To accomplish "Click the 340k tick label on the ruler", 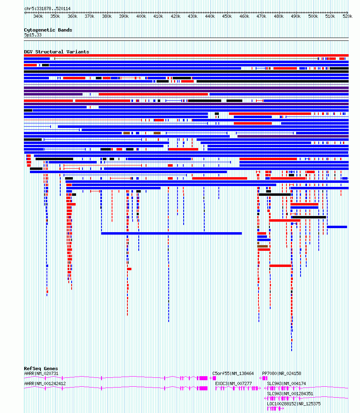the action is point(38,16).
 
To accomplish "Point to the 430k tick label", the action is point(193,16).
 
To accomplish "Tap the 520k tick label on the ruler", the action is point(347,16).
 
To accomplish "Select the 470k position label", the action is point(261,16).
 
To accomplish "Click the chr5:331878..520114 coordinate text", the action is point(47,8).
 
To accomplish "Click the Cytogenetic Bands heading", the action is point(48,30).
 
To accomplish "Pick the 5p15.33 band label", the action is point(33,35).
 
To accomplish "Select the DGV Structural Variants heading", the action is point(57,52).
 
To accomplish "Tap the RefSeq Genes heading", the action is point(41,369).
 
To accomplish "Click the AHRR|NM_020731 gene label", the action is point(41,373).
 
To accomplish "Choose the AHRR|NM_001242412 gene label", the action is point(45,383).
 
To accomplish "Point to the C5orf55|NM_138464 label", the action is point(233,373).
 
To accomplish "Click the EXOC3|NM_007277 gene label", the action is point(233,383).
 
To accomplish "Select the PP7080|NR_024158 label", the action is point(282,373).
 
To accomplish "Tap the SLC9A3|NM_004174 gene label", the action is point(286,383).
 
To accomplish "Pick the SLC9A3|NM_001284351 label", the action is point(290,394).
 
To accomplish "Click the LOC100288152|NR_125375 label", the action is point(294,404).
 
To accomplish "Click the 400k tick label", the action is point(141,16).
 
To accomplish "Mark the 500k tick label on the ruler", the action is point(313,16).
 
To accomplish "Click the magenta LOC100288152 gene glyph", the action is point(275,409).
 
